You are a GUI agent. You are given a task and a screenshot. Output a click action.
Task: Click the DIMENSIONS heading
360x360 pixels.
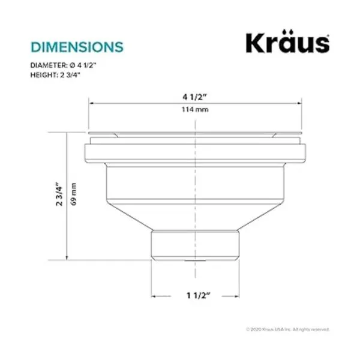click(x=77, y=47)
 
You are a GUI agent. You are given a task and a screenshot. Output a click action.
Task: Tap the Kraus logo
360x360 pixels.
click(x=287, y=41)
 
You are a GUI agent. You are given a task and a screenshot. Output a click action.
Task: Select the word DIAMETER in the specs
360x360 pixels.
click(x=49, y=65)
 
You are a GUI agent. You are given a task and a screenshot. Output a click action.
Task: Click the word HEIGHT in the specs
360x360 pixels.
click(x=43, y=75)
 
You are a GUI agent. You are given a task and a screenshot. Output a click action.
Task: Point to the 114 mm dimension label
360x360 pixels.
click(x=195, y=110)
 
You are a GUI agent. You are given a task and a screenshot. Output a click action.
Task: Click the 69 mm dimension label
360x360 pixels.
click(x=74, y=194)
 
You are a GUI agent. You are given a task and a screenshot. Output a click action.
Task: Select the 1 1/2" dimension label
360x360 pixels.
click(x=199, y=295)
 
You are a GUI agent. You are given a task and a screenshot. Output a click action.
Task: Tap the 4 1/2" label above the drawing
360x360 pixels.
click(x=194, y=97)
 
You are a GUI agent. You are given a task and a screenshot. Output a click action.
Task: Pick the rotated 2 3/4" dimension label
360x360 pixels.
click(x=59, y=194)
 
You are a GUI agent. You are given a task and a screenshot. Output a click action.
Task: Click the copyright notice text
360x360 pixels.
click(x=288, y=329)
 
